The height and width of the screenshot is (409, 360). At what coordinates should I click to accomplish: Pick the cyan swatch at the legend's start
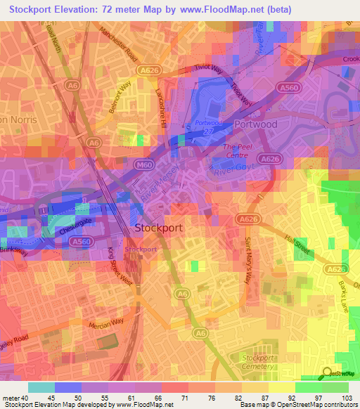[41, 387]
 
